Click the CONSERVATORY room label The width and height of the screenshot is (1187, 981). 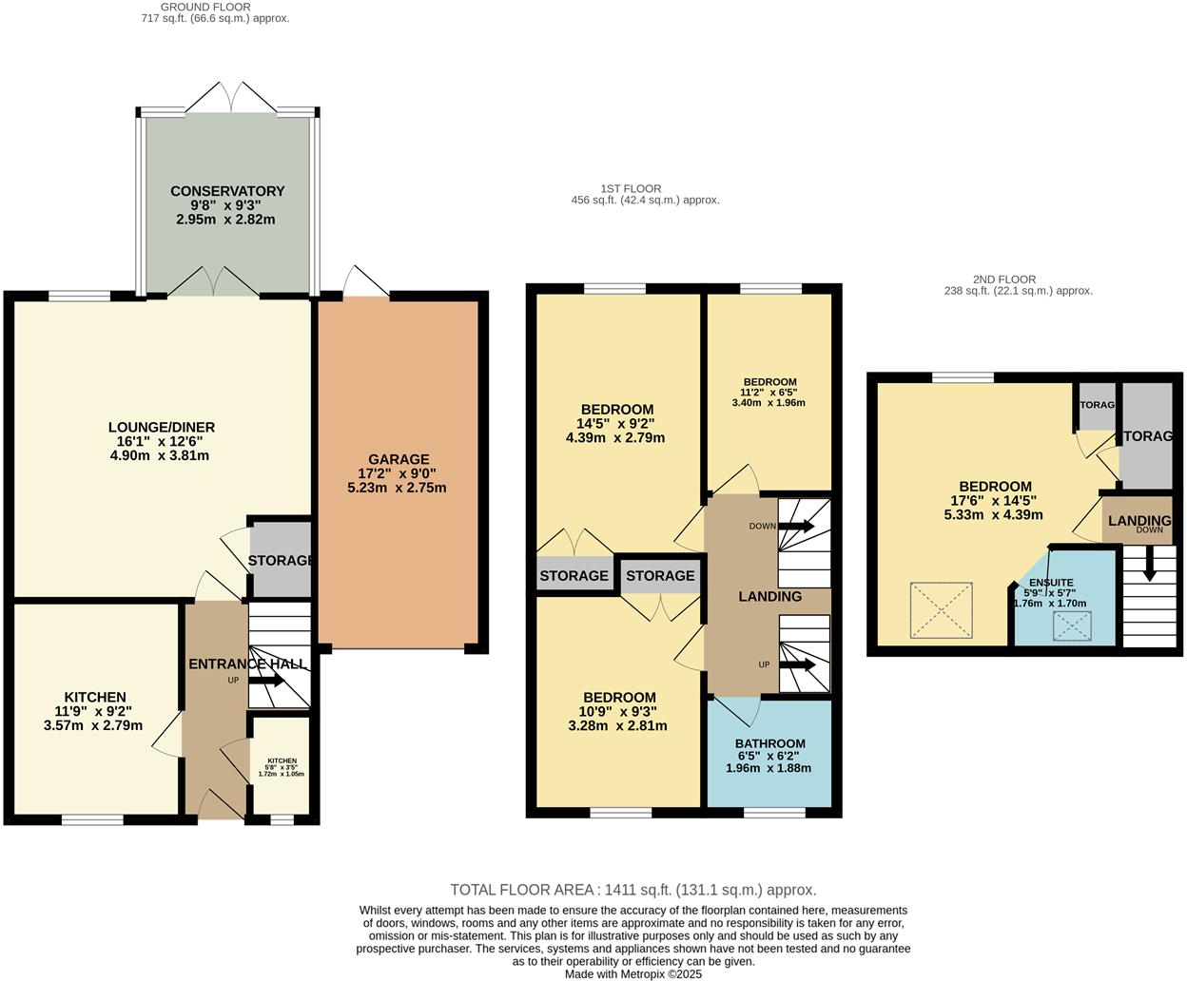(227, 191)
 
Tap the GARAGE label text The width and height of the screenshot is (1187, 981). (399, 459)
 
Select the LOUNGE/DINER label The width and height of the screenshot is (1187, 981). (162, 427)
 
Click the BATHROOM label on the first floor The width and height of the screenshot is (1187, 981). (769, 743)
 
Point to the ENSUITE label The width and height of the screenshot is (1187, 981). (1051, 583)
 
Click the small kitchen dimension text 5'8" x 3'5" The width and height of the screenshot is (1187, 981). (282, 767)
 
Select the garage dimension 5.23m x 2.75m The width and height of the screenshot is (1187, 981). (397, 488)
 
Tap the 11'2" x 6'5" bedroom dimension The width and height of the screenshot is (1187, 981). (769, 393)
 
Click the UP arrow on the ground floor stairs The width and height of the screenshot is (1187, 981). (266, 681)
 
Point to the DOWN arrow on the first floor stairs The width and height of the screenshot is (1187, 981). (796, 526)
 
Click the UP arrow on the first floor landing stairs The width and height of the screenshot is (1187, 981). (797, 664)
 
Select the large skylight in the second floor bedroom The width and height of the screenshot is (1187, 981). (941, 610)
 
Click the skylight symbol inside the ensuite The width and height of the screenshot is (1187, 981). (1072, 626)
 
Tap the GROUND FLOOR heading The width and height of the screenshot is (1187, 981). (205, 7)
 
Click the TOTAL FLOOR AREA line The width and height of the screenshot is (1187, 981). (633, 890)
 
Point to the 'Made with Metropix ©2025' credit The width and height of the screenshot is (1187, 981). (633, 974)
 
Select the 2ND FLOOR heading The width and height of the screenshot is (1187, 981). (1004, 279)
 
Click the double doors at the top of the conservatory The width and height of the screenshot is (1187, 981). (231, 97)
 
